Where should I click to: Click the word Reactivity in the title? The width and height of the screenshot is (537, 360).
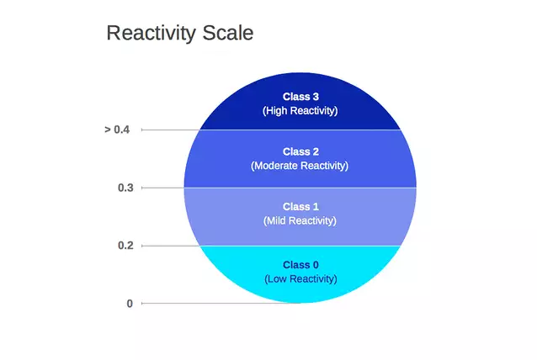[151, 34]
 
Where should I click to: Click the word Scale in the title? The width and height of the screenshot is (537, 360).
[228, 33]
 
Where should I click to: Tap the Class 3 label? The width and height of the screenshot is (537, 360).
[300, 97]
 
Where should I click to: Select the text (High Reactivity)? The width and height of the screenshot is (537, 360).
[300, 110]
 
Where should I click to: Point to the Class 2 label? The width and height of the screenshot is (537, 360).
[300, 151]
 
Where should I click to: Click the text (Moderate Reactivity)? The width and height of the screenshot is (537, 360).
[300, 166]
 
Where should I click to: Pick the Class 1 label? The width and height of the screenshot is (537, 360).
[300, 207]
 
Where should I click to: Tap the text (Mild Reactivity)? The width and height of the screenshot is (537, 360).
[300, 220]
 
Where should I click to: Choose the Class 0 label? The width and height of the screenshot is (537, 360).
[300, 265]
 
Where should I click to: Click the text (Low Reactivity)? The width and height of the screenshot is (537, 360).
[300, 279]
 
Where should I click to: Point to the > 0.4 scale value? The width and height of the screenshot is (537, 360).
[117, 130]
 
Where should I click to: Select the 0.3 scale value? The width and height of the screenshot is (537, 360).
[125, 188]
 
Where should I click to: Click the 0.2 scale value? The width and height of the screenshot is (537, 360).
[125, 246]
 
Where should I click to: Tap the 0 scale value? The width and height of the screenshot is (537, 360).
[130, 304]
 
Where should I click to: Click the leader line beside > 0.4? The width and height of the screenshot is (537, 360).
[171, 130]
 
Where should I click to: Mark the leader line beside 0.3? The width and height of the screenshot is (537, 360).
[162, 188]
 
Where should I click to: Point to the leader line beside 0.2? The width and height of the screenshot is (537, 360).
[171, 246]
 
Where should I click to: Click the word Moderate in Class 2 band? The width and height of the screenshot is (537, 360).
[275, 166]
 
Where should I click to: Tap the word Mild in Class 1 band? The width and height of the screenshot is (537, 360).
[275, 220]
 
